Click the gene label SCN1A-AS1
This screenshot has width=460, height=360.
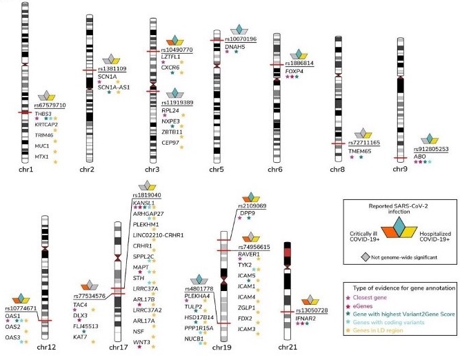[x=114, y=87]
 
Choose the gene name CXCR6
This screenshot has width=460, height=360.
[x=170, y=68]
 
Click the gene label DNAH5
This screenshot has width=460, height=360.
[x=235, y=47]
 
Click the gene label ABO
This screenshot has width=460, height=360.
[x=419, y=157]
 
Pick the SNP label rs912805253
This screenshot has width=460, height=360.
[x=432, y=149]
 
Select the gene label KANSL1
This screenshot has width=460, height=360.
[x=144, y=203]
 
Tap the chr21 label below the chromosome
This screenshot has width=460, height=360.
[x=290, y=348]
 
